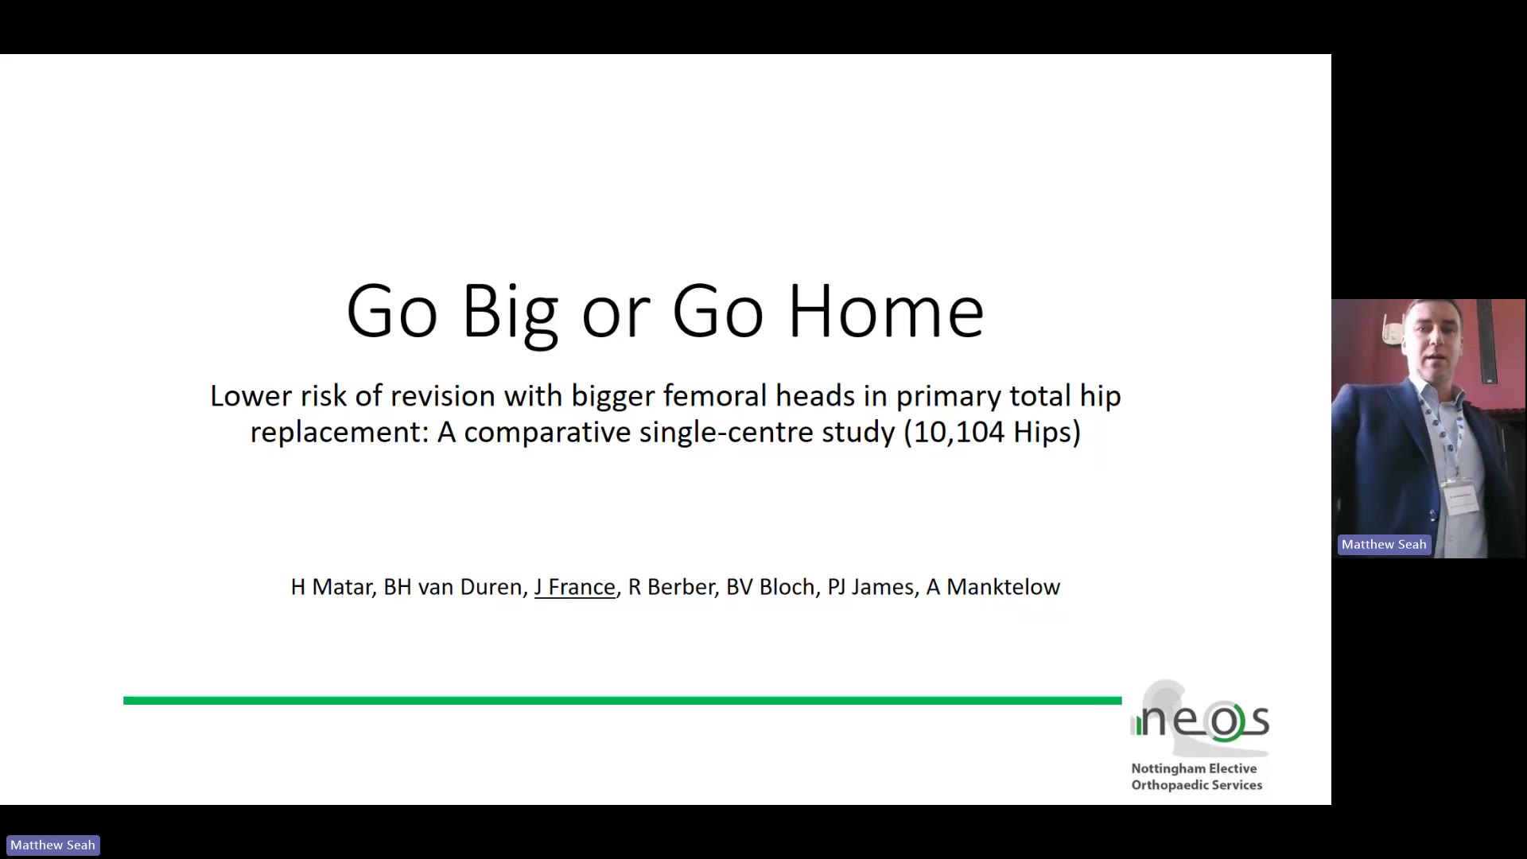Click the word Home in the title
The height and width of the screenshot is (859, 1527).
click(886, 311)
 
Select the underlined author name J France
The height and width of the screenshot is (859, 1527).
click(575, 587)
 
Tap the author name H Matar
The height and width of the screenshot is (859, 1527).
click(332, 587)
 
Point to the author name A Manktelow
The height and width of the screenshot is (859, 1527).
click(993, 587)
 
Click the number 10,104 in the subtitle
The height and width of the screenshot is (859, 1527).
click(955, 432)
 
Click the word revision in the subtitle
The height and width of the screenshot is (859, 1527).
click(442, 395)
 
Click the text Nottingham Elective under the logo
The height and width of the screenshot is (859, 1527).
click(1194, 768)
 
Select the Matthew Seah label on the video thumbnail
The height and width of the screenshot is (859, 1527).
click(1384, 545)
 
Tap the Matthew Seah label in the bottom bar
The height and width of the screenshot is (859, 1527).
click(52, 845)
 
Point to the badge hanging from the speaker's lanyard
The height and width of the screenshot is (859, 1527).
click(1461, 497)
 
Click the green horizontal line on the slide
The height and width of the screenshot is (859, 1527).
click(623, 701)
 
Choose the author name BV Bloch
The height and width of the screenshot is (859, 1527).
click(771, 587)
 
